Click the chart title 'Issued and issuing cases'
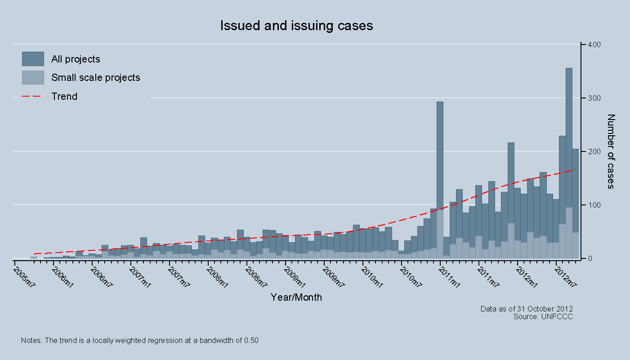[x=296, y=26]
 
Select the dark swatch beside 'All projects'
[x=33, y=59]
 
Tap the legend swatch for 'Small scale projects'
[x=33, y=77]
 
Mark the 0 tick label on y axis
[x=590, y=258]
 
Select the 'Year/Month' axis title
[x=296, y=297]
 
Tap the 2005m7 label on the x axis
[x=24, y=276]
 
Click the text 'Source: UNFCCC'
[x=543, y=316]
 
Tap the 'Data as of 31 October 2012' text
[x=526, y=309]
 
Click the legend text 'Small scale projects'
[x=96, y=78]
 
